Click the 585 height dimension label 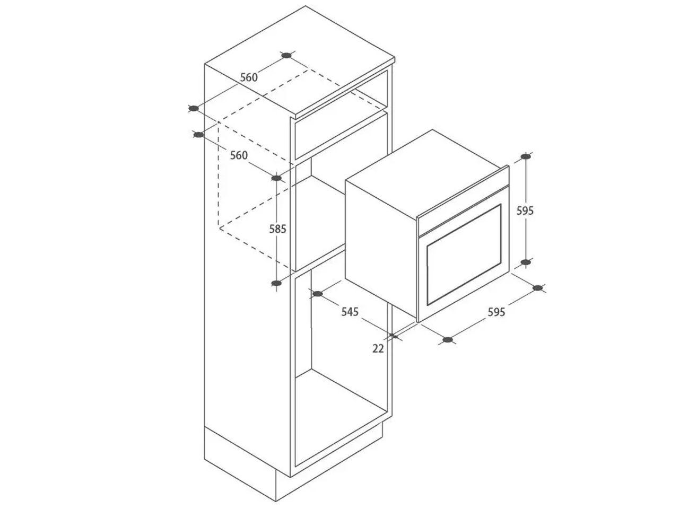click(278, 229)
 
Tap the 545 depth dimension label click(350, 312)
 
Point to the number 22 click(378, 348)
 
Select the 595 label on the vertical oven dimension click(525, 210)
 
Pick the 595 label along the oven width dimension click(496, 312)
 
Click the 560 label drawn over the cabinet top click(249, 77)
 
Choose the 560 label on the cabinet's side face click(239, 155)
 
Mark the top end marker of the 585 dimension click(276, 178)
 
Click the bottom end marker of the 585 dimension click(276, 283)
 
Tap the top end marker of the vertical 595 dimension click(525, 156)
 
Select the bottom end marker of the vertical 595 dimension click(525, 262)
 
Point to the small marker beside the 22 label click(394, 336)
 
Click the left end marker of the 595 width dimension click(448, 340)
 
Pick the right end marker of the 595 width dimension click(538, 288)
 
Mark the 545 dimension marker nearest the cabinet click(318, 294)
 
